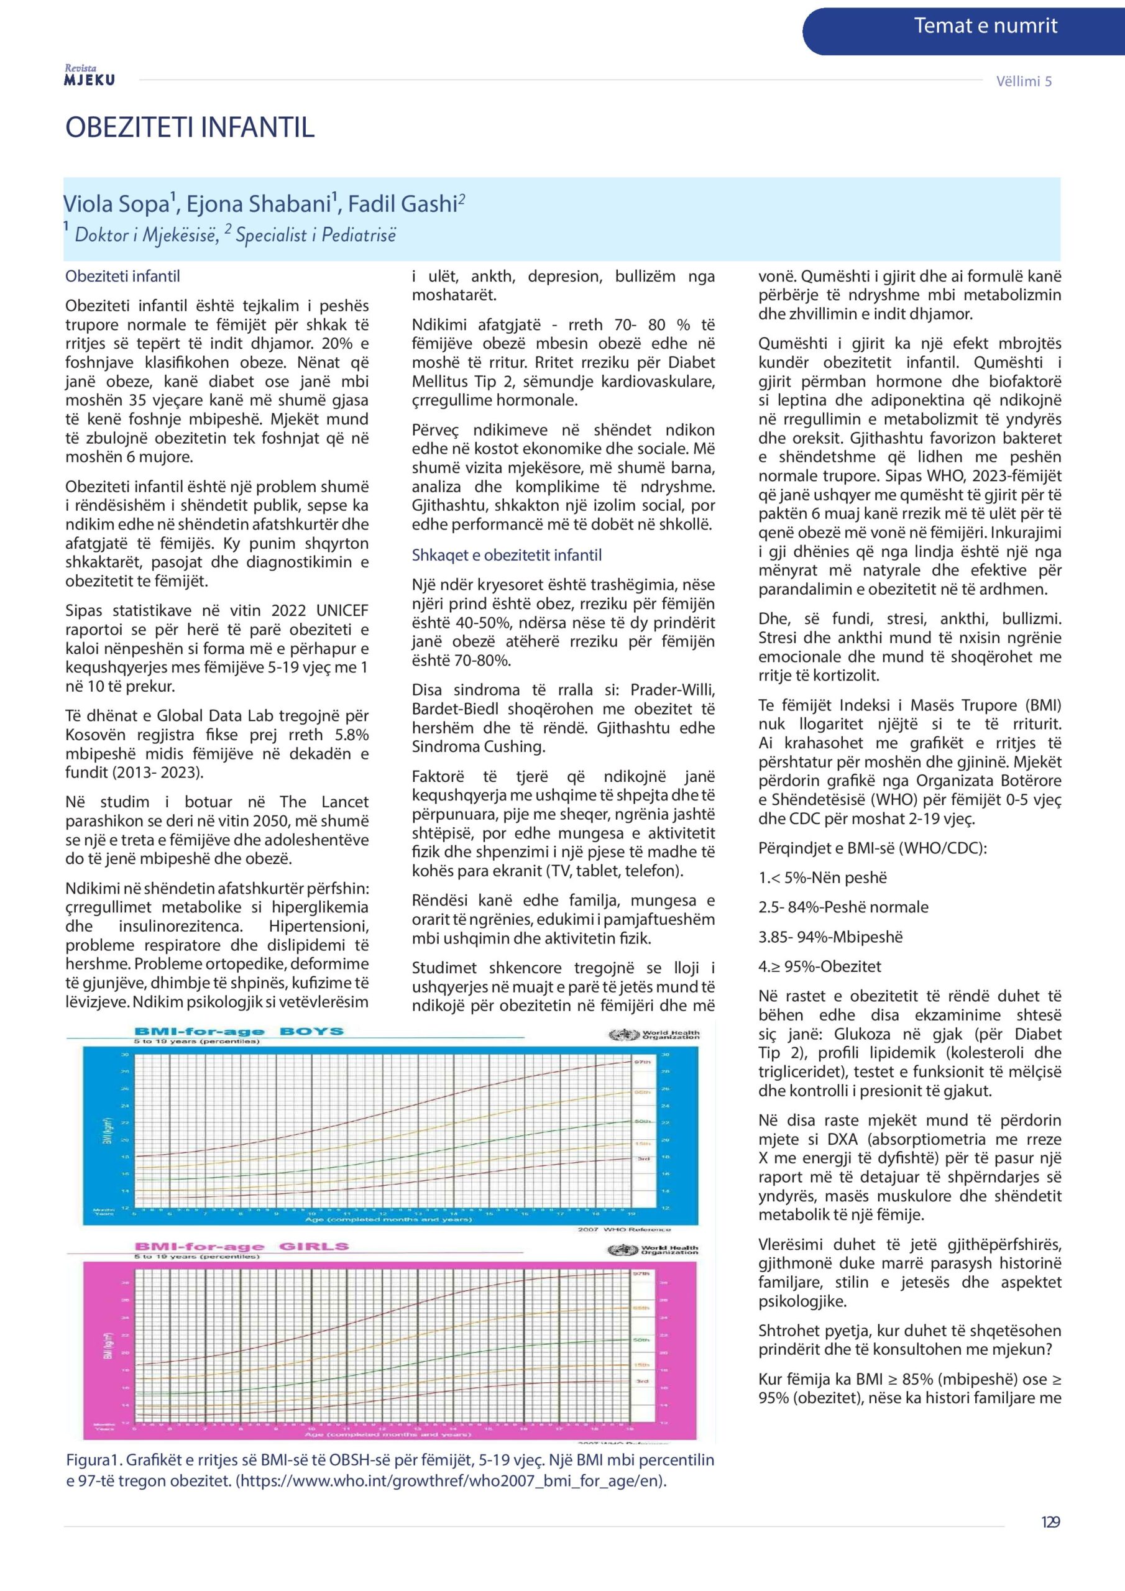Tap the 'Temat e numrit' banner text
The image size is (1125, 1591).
click(985, 26)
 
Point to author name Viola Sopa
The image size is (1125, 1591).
click(116, 204)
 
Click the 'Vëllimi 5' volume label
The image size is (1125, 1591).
click(1023, 81)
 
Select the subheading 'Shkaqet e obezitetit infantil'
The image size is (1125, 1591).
click(506, 555)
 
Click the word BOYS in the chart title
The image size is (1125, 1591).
click(311, 1030)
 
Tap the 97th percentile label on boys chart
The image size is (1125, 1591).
click(642, 1062)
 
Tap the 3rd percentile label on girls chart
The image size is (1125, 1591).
click(642, 1380)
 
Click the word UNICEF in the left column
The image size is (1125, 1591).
click(342, 610)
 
